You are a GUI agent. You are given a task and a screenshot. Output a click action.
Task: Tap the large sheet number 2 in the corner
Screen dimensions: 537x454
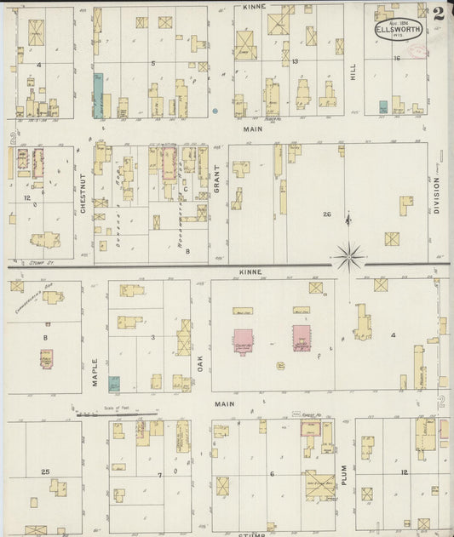[x=437, y=14]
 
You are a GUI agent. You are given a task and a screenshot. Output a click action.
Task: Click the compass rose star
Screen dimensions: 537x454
[x=349, y=254]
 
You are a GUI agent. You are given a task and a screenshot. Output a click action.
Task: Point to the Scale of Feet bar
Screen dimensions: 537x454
[x=116, y=414]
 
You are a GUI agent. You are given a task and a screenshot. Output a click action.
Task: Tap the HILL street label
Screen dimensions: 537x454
[x=352, y=74]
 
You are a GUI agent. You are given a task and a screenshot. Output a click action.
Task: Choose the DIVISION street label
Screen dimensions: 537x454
[x=437, y=193]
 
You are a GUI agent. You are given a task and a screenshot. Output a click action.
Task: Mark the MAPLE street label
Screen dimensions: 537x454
[x=95, y=371]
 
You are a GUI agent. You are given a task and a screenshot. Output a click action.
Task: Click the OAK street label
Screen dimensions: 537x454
[x=201, y=363]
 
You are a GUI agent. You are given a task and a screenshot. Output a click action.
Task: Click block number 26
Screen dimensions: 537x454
[x=325, y=214]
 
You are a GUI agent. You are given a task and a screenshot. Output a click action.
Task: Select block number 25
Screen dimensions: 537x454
[x=45, y=471]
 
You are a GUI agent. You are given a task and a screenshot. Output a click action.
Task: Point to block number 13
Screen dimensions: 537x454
[x=295, y=61]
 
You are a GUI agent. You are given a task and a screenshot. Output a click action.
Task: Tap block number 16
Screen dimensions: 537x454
[x=397, y=59]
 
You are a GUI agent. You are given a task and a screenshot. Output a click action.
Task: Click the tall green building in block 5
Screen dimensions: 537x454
[x=98, y=94]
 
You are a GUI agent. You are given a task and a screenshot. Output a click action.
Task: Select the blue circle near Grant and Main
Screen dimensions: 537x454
[x=215, y=111]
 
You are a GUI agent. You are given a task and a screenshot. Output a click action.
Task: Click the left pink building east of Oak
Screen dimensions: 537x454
[x=243, y=339]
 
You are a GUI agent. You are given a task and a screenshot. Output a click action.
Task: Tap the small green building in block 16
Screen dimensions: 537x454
[x=383, y=107]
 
